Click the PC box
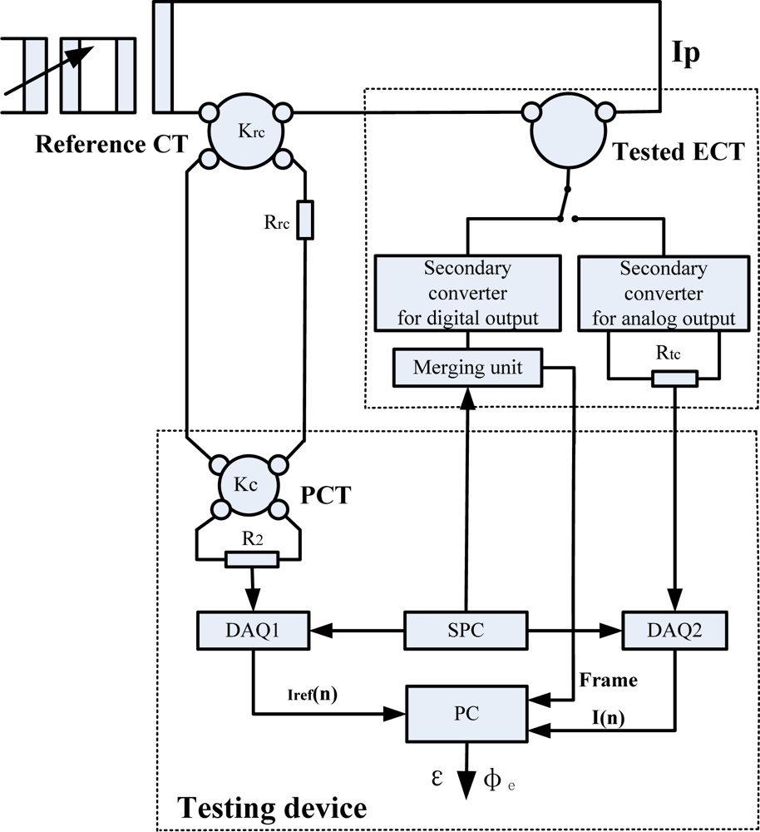click(466, 714)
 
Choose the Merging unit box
click(468, 367)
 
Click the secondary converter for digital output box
click(467, 294)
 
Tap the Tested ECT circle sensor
click(562, 135)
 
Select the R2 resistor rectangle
click(251, 561)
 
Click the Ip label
click(686, 54)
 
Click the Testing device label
click(272, 806)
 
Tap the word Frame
click(609, 680)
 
